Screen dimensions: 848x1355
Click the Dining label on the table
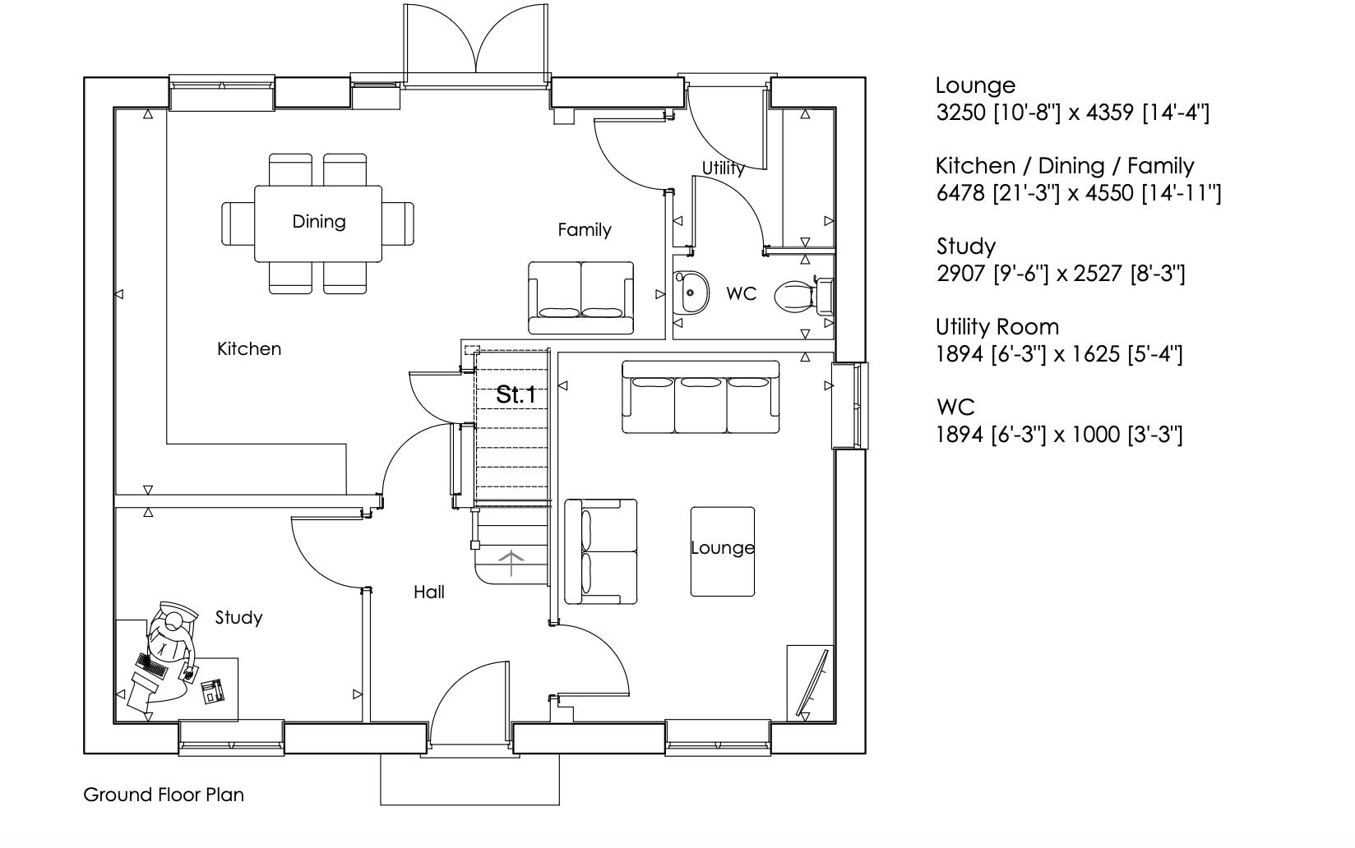318,222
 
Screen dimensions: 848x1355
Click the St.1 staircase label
516,395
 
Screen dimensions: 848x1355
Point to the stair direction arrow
511,564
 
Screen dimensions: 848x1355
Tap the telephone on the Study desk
213,692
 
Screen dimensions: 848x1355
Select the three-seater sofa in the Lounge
701,397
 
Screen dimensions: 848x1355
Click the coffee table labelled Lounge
722,550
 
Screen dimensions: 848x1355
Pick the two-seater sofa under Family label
580,297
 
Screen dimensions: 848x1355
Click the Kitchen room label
249,349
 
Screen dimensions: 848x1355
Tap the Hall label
428,592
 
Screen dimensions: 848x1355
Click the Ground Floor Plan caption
164,795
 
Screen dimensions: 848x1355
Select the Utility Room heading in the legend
997,327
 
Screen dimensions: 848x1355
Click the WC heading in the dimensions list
955,408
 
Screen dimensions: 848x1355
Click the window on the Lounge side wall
850,405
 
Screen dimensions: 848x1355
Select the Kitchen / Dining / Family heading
1064,166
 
